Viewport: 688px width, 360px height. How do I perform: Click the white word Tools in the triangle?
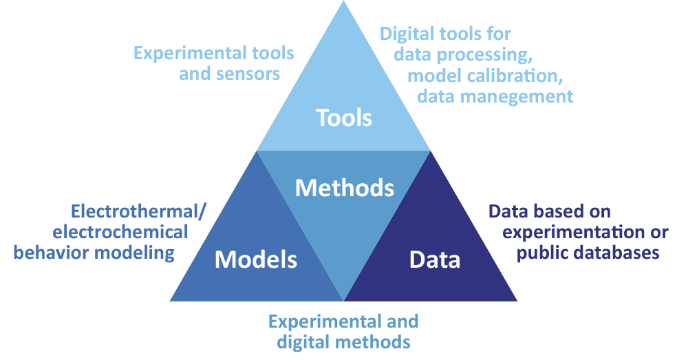click(x=344, y=118)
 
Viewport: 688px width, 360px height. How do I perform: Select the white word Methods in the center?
click(x=345, y=187)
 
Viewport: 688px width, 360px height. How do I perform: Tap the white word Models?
click(x=256, y=260)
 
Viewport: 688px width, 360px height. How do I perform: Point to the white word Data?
click(x=435, y=260)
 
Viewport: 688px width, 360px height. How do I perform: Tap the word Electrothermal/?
click(x=139, y=211)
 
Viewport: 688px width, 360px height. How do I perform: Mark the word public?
click(x=543, y=252)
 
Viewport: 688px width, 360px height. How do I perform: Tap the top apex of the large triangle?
click(x=344, y=2)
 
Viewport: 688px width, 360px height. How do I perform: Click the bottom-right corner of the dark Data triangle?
click(x=516, y=300)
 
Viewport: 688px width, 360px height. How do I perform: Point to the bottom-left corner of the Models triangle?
click(x=171, y=300)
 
